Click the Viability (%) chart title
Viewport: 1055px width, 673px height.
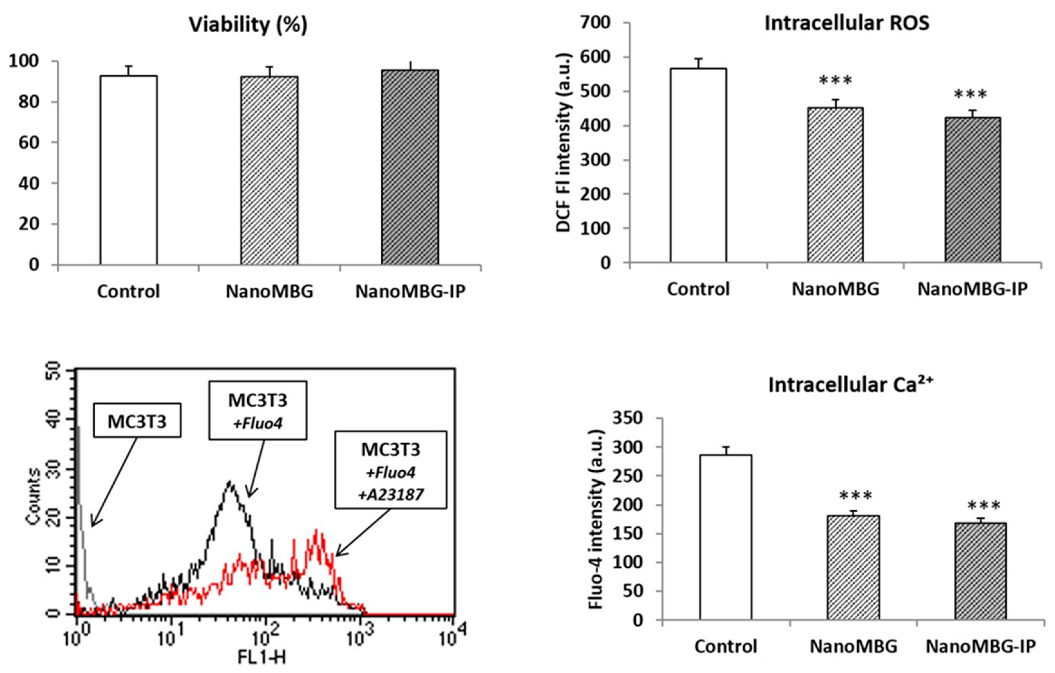coord(248,25)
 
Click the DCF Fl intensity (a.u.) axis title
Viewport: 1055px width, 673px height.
coord(564,142)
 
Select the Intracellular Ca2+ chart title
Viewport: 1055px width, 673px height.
coord(850,385)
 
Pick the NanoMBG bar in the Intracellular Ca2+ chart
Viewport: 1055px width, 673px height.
coord(853,567)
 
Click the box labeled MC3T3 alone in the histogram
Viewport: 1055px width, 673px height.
coord(137,421)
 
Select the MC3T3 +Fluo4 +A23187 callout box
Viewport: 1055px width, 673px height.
coord(391,470)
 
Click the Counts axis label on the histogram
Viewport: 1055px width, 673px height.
coord(33,496)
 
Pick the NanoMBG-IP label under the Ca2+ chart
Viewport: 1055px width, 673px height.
coord(981,646)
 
